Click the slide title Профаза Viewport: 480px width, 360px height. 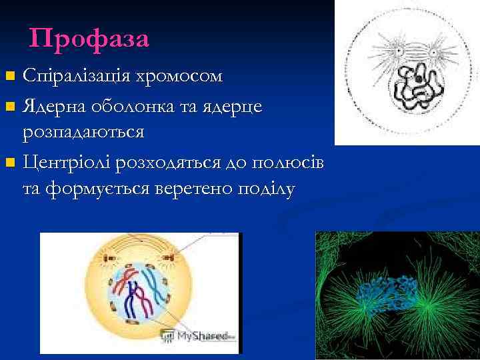(89, 39)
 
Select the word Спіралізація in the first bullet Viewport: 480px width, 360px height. (78, 75)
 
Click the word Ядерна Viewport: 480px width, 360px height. (56, 105)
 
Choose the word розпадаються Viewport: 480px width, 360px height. (83, 131)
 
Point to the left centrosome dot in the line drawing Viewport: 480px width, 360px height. (399, 51)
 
